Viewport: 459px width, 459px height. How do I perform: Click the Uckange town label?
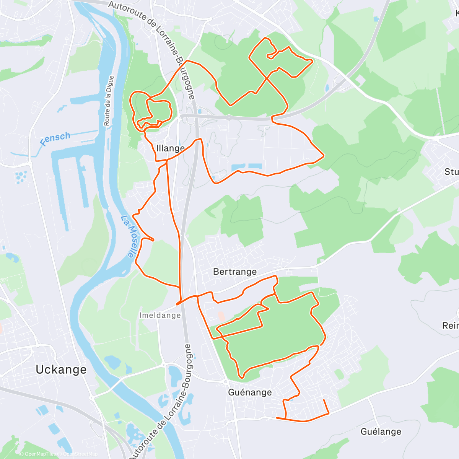tap(61, 369)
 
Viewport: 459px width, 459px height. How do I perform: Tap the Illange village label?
tap(170, 148)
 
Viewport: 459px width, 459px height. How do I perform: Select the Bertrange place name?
tap(234, 272)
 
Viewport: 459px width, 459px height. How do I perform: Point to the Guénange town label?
tap(250, 392)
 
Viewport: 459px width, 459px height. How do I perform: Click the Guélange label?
tap(381, 432)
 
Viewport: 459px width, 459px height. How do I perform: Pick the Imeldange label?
tap(160, 316)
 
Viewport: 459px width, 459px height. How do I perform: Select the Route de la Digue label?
tap(109, 101)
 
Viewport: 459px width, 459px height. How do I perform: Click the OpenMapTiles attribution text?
tap(37, 454)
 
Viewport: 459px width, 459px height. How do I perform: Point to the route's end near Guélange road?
tap(324, 400)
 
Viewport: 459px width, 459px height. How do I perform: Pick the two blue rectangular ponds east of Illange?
tap(247, 167)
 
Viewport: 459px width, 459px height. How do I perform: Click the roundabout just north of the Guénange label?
tap(226, 381)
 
